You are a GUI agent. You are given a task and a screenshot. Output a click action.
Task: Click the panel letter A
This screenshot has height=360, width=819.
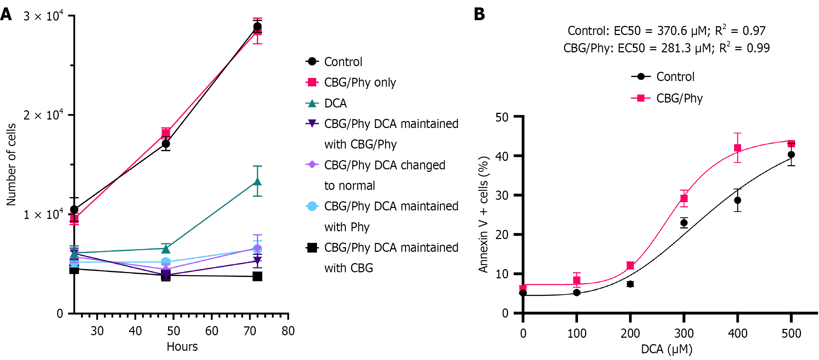click(6, 14)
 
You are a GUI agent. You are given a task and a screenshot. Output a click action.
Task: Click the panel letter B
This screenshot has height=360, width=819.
click(479, 14)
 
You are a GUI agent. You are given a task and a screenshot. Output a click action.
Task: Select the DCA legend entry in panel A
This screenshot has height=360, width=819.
click(335, 103)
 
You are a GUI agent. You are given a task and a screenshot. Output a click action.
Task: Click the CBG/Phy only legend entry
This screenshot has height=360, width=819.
click(359, 82)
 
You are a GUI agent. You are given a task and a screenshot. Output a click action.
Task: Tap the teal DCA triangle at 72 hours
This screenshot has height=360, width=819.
click(258, 182)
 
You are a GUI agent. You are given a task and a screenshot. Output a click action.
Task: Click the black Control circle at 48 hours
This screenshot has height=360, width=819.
click(166, 144)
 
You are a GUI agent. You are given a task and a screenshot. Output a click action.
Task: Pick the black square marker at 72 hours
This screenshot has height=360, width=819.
click(258, 276)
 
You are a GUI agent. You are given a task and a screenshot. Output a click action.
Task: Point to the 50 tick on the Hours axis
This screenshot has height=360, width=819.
click(173, 331)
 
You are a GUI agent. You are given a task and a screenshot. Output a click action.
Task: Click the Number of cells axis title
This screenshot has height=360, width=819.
click(11, 164)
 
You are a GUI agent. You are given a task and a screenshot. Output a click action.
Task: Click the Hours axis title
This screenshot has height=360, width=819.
click(182, 347)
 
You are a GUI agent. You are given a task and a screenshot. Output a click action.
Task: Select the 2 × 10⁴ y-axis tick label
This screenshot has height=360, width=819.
click(43, 115)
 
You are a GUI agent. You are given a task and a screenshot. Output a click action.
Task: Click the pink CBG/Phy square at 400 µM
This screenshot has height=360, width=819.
click(737, 148)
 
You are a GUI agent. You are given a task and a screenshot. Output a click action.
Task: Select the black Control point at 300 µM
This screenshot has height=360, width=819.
click(684, 223)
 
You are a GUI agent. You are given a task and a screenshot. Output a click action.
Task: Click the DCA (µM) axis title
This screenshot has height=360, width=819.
click(667, 349)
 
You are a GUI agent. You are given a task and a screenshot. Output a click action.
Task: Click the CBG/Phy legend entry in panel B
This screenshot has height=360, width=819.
click(679, 98)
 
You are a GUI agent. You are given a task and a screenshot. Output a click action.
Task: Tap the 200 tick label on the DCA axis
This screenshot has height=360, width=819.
click(630, 333)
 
